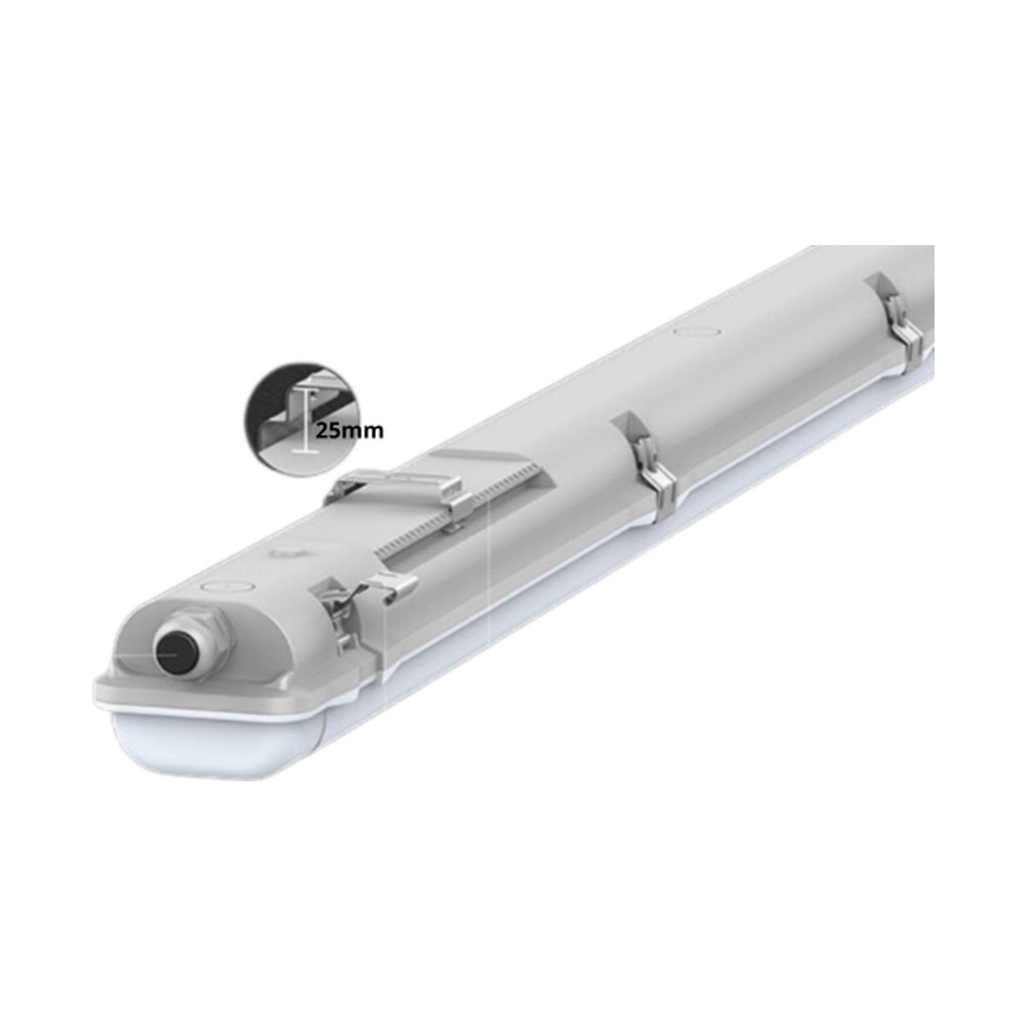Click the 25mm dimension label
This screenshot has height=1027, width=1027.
pos(349,430)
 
